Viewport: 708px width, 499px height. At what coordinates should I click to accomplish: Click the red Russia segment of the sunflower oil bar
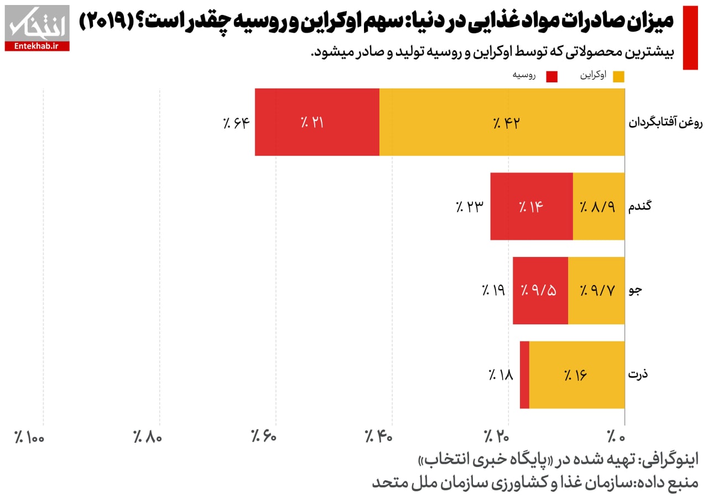coord(317,122)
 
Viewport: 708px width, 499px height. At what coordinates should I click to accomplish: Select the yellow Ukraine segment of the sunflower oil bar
coord(502,122)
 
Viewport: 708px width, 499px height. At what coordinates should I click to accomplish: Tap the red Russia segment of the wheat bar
coord(532,206)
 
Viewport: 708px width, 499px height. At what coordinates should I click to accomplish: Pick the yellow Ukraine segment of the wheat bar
coord(598,206)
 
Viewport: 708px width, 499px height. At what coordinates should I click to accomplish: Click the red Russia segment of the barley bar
coord(540,290)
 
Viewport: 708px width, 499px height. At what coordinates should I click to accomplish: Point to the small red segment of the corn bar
coord(524,375)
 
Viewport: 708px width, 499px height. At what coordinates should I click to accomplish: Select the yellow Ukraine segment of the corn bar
coord(577,375)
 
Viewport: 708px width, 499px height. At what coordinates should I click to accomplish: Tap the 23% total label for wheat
coord(470,207)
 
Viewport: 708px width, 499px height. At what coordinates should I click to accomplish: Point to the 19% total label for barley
coord(493,290)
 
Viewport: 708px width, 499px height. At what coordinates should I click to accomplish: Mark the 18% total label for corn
coord(501,375)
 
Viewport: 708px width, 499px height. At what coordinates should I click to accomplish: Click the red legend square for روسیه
coord(551,76)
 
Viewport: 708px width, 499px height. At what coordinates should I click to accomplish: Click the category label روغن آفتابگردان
coord(665,123)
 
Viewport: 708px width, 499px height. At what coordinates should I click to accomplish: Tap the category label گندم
coord(641,206)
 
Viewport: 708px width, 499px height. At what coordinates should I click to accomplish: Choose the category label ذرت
coord(638,374)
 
